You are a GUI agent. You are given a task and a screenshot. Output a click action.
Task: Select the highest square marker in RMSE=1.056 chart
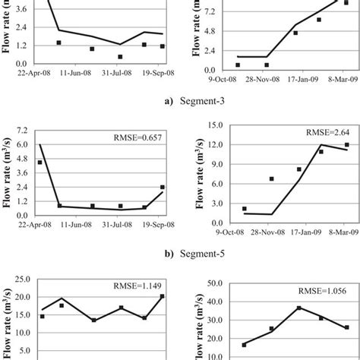pyautogui.click(x=298, y=308)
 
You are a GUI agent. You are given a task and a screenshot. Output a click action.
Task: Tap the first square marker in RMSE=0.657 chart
pyautogui.click(x=39, y=162)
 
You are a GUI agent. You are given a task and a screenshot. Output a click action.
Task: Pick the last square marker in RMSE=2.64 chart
pyautogui.click(x=346, y=145)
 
